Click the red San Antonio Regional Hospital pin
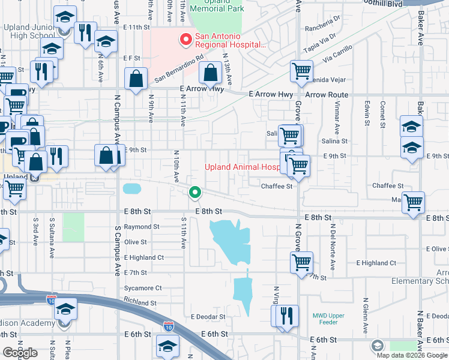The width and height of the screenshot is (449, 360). [x=186, y=40]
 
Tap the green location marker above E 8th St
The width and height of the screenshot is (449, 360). [x=194, y=193]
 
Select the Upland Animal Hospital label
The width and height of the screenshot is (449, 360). [x=243, y=167]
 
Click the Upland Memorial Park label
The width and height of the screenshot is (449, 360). [x=216, y=7]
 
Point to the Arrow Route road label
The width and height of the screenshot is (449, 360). [x=327, y=95]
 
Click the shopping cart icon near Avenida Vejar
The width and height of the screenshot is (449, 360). [x=301, y=71]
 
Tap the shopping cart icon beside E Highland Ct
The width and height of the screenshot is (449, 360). [x=301, y=262]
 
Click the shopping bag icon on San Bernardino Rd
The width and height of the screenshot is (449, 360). [x=137, y=78]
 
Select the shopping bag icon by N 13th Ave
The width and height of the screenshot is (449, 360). [x=211, y=74]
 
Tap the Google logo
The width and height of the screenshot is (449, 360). [x=20, y=352]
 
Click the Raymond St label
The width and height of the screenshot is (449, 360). [x=142, y=227]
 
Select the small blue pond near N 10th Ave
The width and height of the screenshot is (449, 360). [x=132, y=188]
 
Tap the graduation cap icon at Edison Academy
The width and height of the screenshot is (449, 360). [x=65, y=310]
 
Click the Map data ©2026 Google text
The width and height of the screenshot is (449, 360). [x=411, y=355]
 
